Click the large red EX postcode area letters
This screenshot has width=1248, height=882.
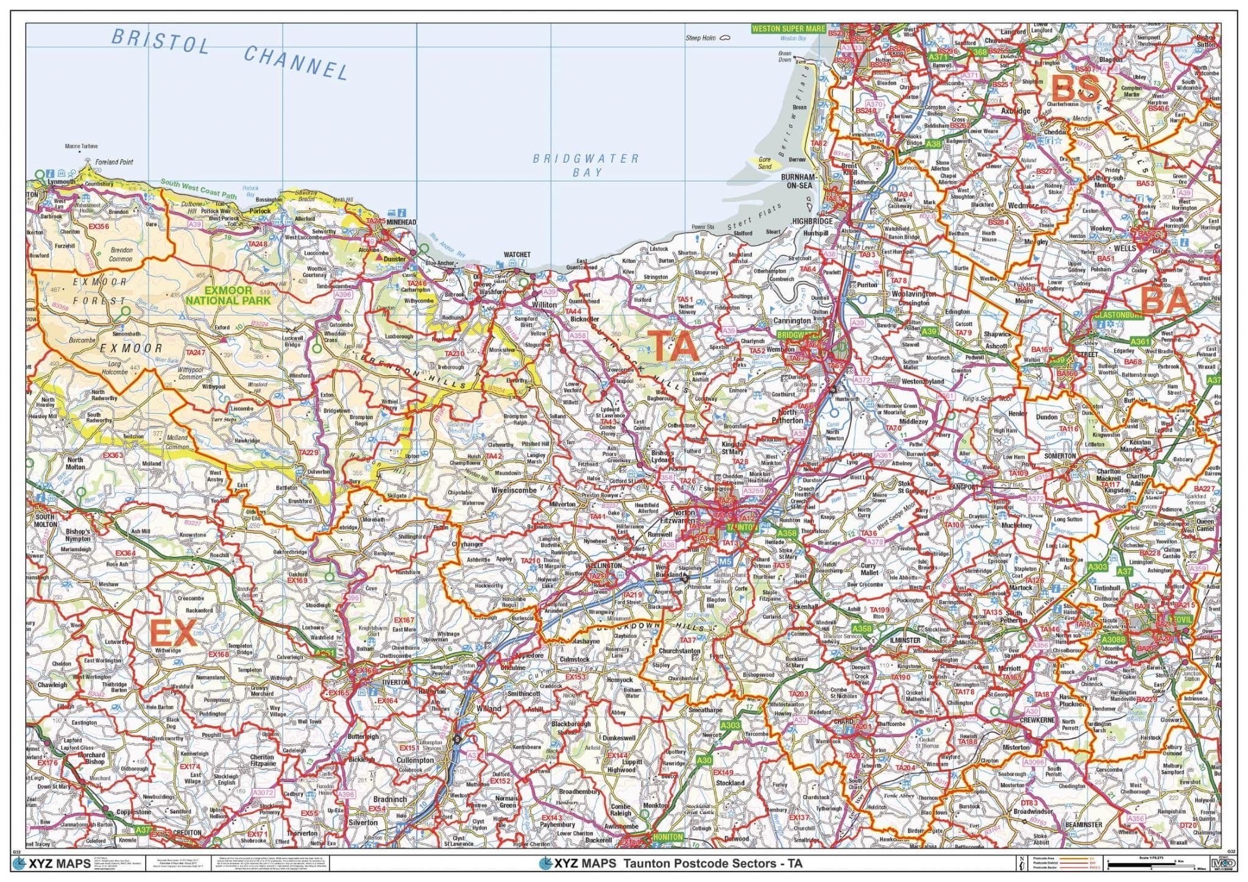(173, 633)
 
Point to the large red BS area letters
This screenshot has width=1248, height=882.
(1076, 89)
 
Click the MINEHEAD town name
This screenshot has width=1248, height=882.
(401, 222)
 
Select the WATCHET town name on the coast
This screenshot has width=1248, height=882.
(517, 255)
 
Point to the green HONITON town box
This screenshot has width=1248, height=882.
(668, 837)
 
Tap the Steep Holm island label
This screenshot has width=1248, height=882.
(701, 38)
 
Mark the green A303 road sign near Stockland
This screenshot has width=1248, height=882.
(730, 725)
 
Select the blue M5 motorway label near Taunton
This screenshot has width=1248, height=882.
(725, 561)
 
